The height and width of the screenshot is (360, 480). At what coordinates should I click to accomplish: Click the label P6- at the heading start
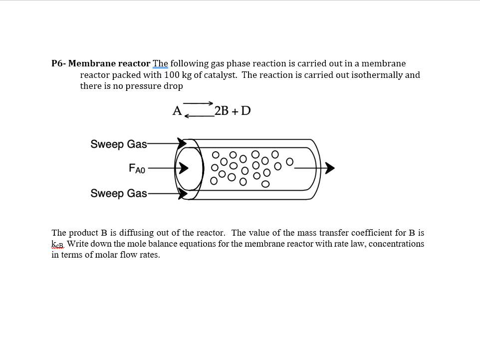[x=58, y=63]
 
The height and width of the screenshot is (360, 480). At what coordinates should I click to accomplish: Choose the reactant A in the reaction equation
[x=177, y=111]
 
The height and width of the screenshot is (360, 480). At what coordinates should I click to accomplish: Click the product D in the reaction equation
[x=245, y=111]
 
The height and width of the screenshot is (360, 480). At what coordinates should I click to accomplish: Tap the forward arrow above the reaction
[x=198, y=103]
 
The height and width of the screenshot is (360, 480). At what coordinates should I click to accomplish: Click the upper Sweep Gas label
[x=119, y=144]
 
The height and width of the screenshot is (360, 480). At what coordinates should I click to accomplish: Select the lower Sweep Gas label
[x=119, y=193]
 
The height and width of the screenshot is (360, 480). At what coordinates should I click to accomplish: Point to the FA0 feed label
[x=137, y=169]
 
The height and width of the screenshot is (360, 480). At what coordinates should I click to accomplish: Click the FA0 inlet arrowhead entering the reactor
[x=184, y=169]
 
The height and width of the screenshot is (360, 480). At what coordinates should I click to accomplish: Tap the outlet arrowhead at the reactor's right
[x=329, y=169]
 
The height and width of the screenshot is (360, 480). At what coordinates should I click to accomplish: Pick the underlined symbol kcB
[x=58, y=244]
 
